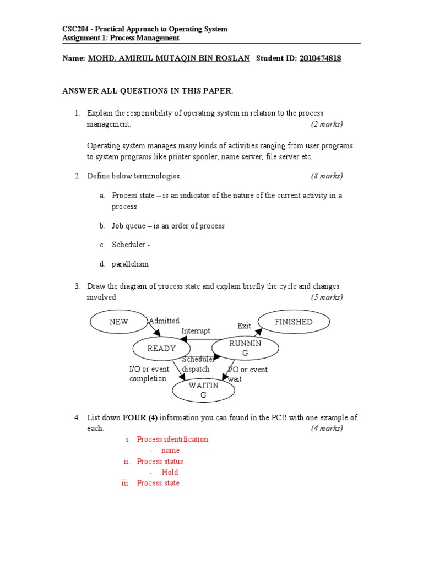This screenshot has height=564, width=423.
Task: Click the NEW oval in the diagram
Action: coord(118,322)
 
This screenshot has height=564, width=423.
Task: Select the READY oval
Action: coord(161,349)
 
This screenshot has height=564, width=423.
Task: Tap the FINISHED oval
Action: coord(294,322)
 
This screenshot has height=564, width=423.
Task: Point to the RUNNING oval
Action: coord(245,348)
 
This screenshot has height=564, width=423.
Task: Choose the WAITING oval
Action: coord(203,390)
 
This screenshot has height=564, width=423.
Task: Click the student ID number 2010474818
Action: coord(320,58)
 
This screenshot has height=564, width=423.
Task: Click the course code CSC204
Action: coord(74,29)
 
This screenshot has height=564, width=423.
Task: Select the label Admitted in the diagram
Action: coord(164,321)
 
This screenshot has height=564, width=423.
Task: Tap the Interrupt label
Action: coord(196,331)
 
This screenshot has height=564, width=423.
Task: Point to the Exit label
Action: coord(244,326)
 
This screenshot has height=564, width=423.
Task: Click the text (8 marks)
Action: coord(327,176)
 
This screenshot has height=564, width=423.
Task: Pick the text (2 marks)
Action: coord(327,124)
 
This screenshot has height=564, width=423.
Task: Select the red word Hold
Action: coord(170,473)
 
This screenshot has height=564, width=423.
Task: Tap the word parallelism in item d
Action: coord(130,264)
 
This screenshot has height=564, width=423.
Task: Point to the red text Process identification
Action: coord(172,440)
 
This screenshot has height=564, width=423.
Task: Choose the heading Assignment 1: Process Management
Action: coord(120,38)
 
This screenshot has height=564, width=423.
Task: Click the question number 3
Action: coord(78,286)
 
